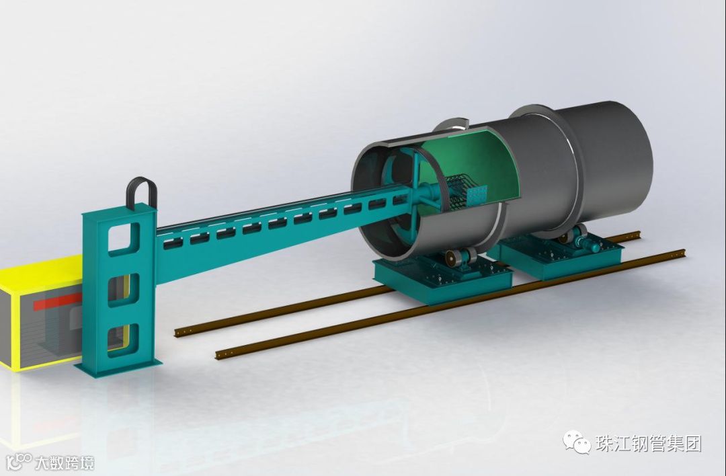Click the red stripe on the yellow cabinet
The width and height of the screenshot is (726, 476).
[57, 301]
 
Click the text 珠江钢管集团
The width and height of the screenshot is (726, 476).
[649, 444]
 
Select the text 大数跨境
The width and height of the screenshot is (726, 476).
[65, 463]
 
